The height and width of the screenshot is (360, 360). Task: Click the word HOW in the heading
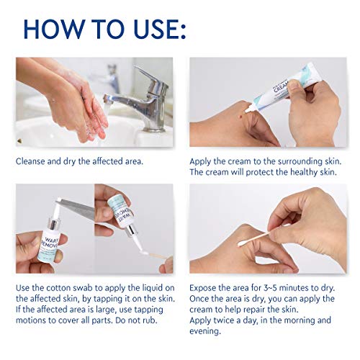54,29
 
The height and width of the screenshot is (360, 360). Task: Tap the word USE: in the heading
160,29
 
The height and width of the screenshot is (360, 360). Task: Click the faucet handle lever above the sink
150,77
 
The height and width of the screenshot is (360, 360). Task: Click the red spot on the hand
240,117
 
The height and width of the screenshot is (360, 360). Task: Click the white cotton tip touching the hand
242,244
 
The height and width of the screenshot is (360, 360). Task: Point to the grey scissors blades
77,207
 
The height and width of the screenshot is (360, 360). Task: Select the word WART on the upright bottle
50,240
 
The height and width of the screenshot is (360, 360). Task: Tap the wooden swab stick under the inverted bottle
158,256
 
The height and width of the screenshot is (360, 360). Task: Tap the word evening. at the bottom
205,331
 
